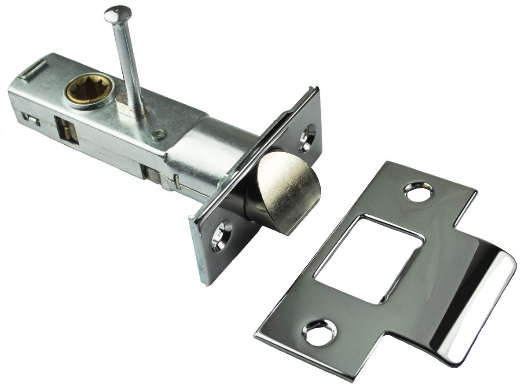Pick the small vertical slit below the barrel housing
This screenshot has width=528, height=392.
176,180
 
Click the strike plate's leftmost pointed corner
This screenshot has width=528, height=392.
255,337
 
